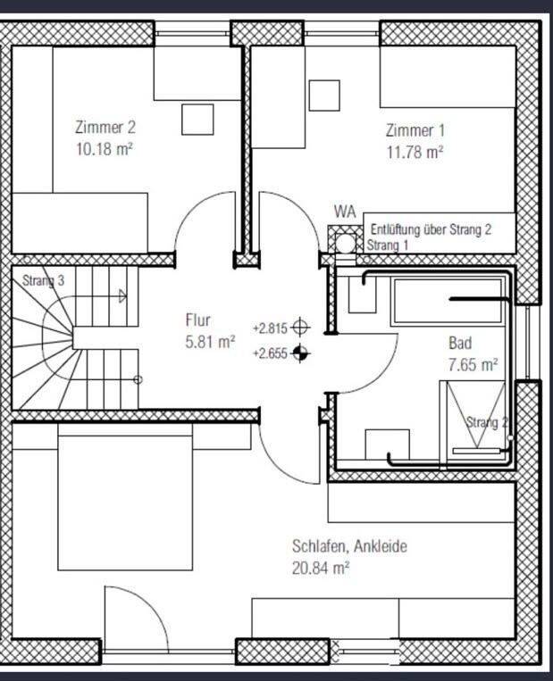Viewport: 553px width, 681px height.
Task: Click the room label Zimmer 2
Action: [105, 128]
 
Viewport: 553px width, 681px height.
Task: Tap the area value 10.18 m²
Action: [105, 149]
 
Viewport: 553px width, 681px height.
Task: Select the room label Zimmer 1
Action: [415, 130]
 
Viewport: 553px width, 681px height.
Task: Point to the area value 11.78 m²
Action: [415, 153]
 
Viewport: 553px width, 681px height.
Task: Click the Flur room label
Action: [197, 320]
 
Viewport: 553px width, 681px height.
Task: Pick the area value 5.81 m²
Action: [211, 342]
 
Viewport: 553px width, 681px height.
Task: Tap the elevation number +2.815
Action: [271, 328]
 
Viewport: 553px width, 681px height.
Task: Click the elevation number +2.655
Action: [271, 353]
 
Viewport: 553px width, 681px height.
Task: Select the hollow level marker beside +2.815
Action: [300, 327]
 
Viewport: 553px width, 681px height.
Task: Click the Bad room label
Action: [460, 343]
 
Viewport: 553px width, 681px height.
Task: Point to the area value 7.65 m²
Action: [473, 365]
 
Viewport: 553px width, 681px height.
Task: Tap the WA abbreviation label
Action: [345, 212]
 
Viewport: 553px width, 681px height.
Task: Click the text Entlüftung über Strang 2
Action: [431, 228]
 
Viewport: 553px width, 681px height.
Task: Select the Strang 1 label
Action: [388, 245]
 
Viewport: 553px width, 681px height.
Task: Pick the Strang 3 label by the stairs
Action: [43, 280]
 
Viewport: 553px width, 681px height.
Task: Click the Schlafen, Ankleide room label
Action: [349, 546]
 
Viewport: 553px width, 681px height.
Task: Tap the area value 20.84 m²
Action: [321, 568]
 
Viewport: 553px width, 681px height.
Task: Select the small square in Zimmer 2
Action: [197, 120]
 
